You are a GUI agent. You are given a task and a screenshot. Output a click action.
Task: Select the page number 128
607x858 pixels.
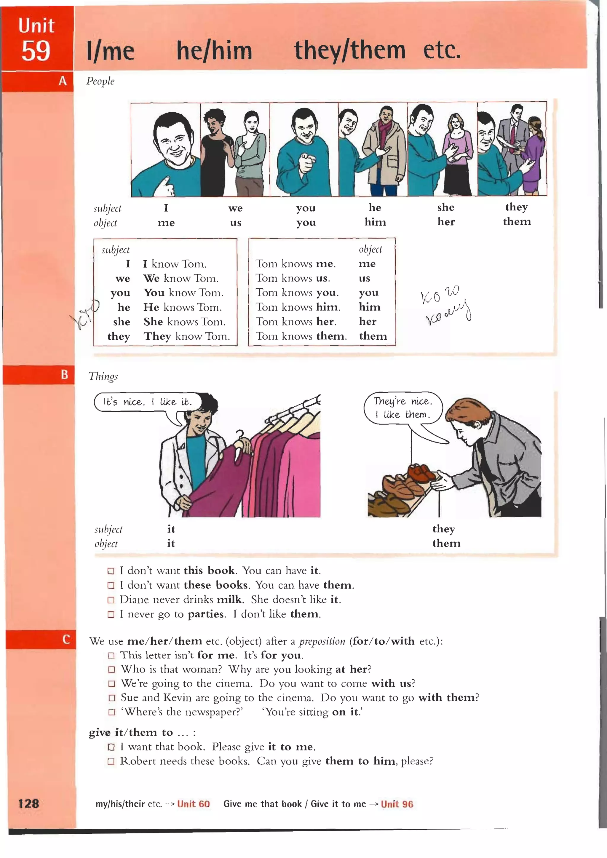[x=28, y=803]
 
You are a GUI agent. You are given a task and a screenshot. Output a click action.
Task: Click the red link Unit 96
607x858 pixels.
[x=397, y=804]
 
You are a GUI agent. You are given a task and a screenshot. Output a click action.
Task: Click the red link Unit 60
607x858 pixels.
[x=193, y=804]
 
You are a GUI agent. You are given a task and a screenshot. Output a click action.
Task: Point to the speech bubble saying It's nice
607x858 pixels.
[x=148, y=402]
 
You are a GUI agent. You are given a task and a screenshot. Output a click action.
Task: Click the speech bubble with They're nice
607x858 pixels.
[x=402, y=408]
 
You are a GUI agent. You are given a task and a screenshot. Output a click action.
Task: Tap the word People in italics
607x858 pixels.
[x=100, y=81]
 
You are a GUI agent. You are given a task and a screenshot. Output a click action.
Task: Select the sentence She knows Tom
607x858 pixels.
[x=184, y=322]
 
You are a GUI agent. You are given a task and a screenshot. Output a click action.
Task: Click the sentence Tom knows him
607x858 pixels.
[x=298, y=307]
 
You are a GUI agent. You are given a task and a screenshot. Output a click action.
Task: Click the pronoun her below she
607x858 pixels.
[x=446, y=222]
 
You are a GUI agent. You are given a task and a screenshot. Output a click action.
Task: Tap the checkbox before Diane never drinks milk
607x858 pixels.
[x=111, y=600]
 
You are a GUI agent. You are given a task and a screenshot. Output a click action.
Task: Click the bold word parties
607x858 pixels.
[x=206, y=614]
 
